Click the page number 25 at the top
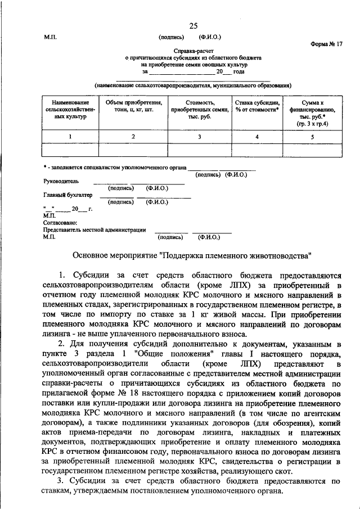193,26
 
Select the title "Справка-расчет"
192,51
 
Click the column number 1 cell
70,136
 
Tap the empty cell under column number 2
133,149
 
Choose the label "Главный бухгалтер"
67,195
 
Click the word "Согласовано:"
59,223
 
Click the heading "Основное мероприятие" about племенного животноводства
192,255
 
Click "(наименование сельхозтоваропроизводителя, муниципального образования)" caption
192,85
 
